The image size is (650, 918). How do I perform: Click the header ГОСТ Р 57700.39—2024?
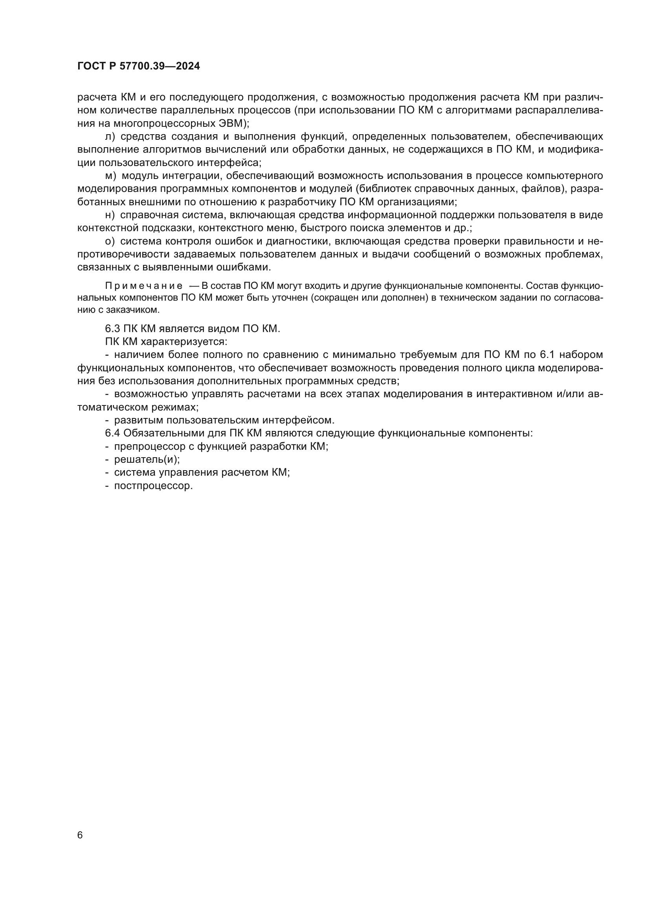(x=138, y=66)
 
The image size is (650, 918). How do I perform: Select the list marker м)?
(x=110, y=176)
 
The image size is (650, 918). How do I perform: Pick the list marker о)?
(x=110, y=241)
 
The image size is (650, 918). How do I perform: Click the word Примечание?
(x=144, y=286)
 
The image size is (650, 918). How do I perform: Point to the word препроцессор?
(x=145, y=447)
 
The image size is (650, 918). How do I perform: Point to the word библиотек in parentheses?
(x=384, y=189)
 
